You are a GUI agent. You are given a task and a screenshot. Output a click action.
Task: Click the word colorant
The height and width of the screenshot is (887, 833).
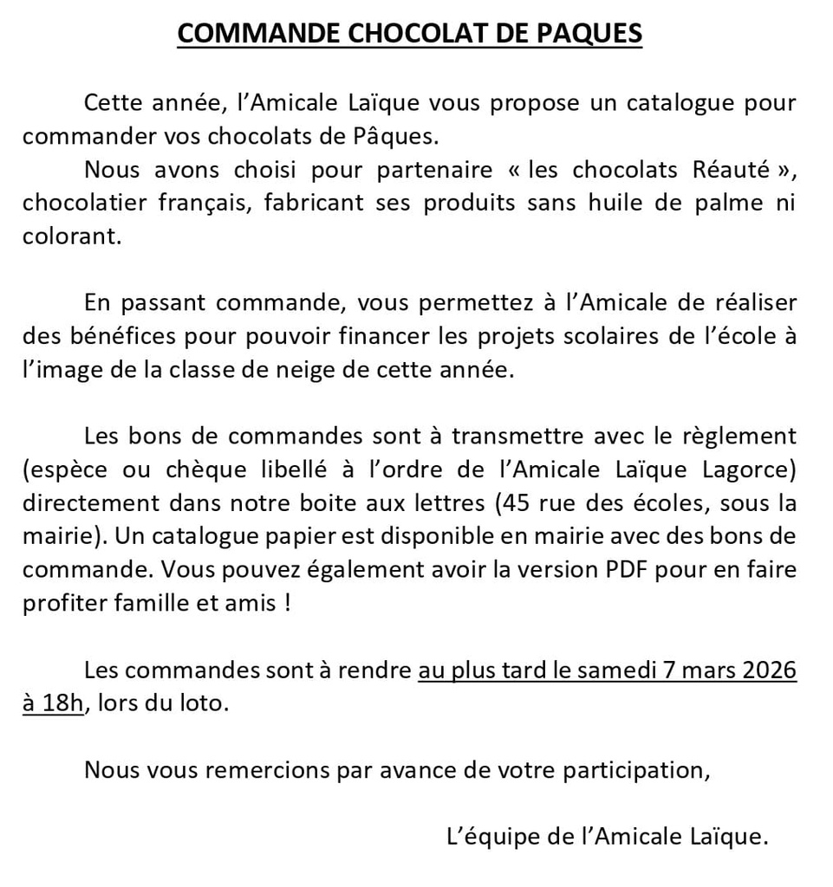(71, 236)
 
